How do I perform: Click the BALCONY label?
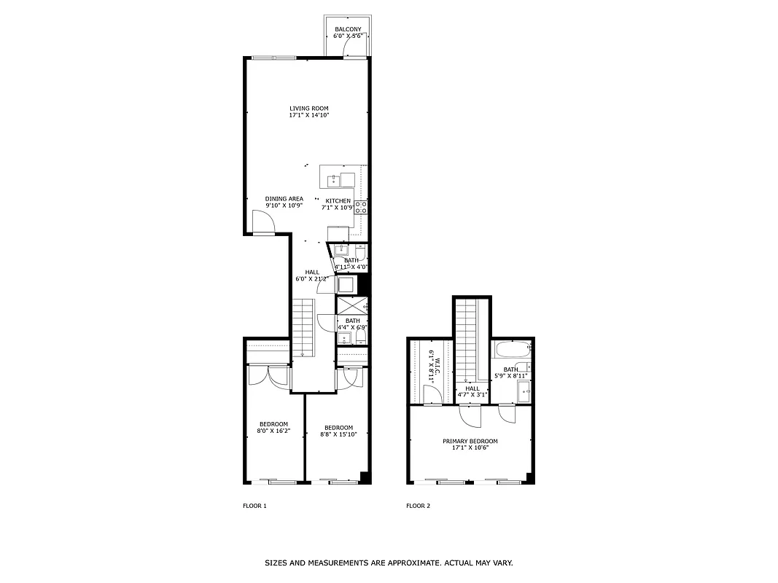pos(348,29)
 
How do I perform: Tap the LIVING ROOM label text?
pos(309,109)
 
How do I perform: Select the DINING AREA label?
pos(284,199)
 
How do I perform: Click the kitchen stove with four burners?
pos(361,207)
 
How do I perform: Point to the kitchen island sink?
pos(332,178)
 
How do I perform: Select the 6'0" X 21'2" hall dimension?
pos(312,278)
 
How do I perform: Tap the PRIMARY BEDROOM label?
pos(470,441)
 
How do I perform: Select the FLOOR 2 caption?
pos(418,506)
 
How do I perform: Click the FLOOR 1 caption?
pos(254,506)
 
